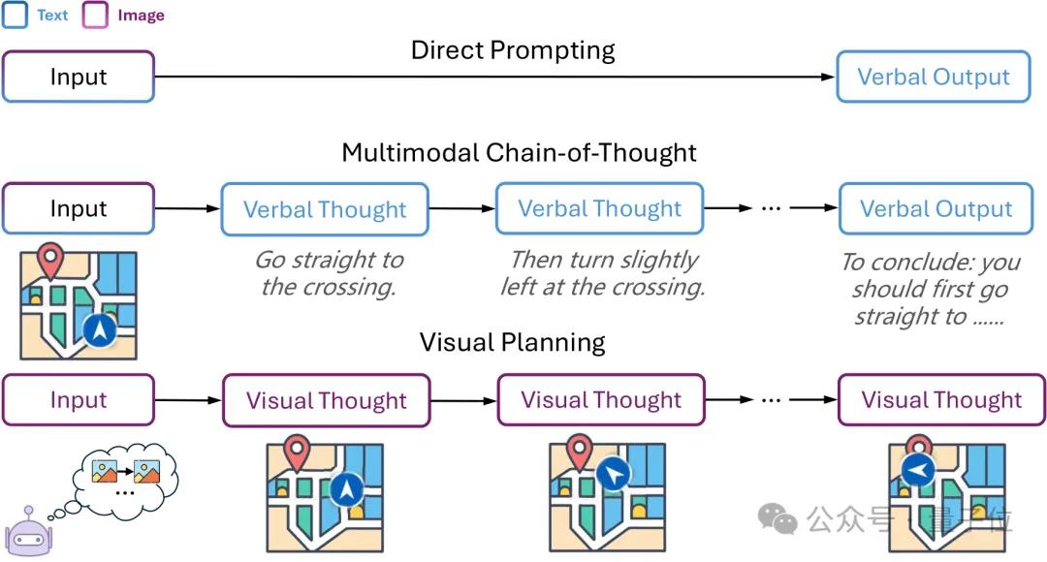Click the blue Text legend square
point(16,15)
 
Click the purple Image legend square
point(96,15)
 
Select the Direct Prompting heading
point(513,50)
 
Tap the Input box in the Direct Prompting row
point(79,77)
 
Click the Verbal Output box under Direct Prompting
point(934,77)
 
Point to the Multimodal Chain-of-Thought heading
point(519,153)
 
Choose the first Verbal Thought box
point(325,208)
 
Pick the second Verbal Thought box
point(599,208)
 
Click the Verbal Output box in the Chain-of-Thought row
point(936,208)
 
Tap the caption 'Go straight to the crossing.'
point(329,273)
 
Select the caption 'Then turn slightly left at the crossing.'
point(602,273)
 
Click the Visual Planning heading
point(512,342)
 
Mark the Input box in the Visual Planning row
point(79,399)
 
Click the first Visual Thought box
point(326,400)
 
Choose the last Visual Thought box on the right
point(941,399)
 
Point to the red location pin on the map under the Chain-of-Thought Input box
point(49,262)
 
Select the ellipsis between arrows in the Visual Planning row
point(773,400)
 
